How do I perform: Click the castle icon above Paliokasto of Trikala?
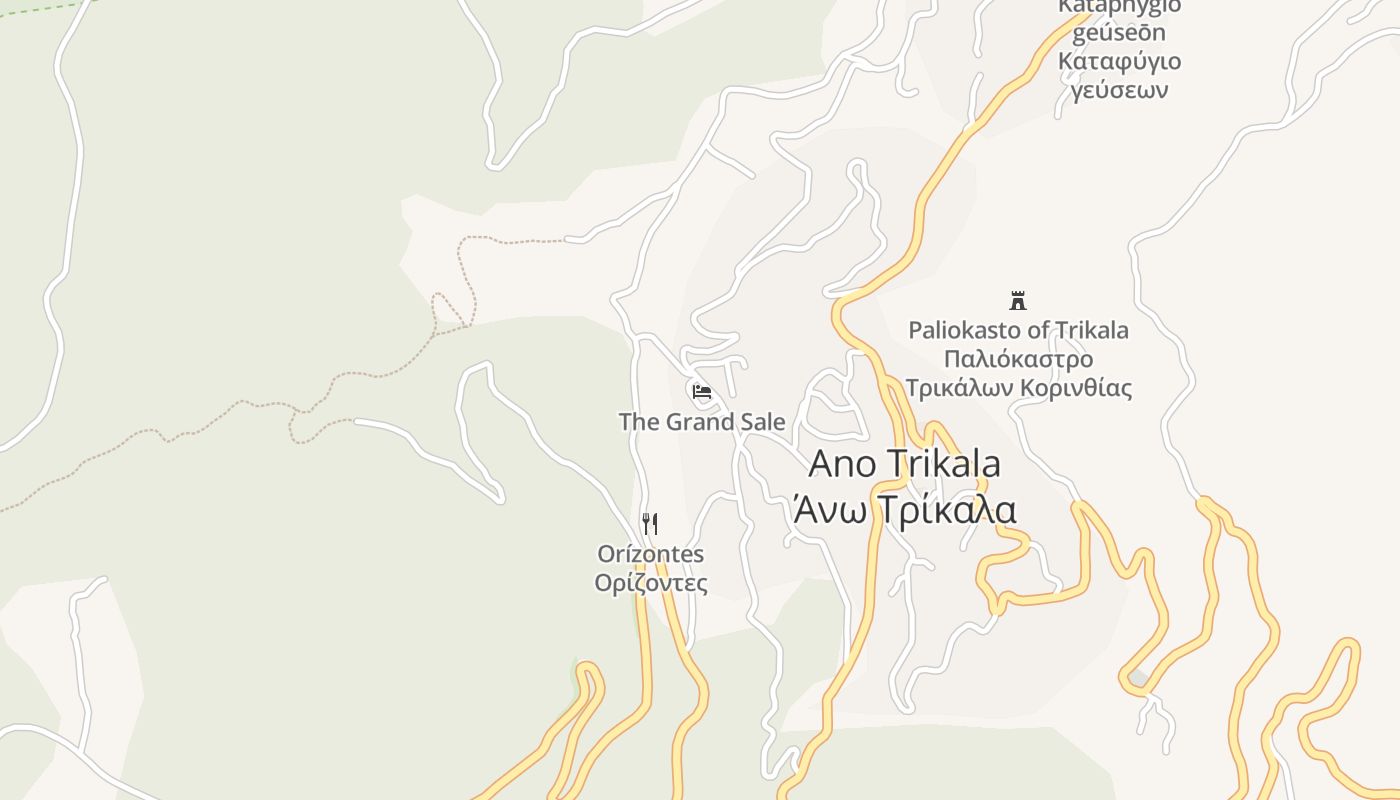[x=1018, y=300]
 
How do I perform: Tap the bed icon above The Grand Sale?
[x=702, y=392]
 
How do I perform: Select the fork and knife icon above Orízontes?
[x=650, y=523]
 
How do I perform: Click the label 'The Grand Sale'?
[x=702, y=422]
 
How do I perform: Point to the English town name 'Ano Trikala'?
[x=904, y=464]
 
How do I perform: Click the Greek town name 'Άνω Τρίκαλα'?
[x=904, y=509]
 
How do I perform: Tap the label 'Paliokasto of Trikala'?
[x=1018, y=330]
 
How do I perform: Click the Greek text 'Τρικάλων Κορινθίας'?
[x=1018, y=388]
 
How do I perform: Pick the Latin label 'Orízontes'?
[x=650, y=554]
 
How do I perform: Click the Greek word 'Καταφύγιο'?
[x=1119, y=61]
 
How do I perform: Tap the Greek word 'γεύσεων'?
[x=1119, y=91]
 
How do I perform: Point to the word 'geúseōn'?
[x=1119, y=33]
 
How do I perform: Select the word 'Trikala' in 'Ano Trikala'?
[x=941, y=464]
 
